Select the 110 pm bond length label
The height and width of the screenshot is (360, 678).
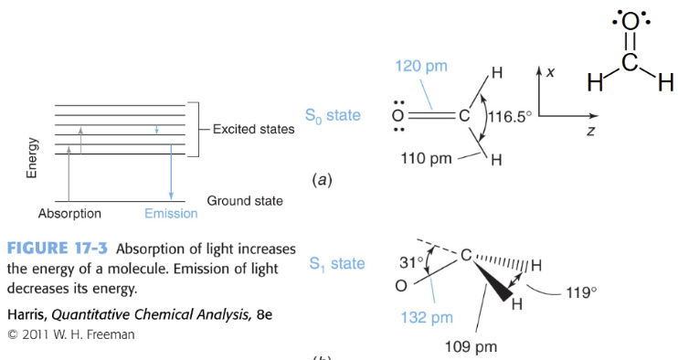click(426, 158)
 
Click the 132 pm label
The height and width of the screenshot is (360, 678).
click(427, 318)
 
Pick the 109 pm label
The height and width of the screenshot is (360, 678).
click(471, 346)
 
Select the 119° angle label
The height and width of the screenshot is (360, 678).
click(580, 293)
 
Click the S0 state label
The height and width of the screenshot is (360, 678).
click(333, 116)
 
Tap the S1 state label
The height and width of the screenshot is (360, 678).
click(336, 264)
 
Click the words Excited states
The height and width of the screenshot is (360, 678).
click(253, 129)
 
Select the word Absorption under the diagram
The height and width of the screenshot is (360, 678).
click(69, 214)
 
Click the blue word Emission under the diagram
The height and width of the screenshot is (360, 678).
click(171, 214)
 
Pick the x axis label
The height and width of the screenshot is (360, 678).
click(551, 71)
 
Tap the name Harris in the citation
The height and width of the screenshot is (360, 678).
click(26, 314)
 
